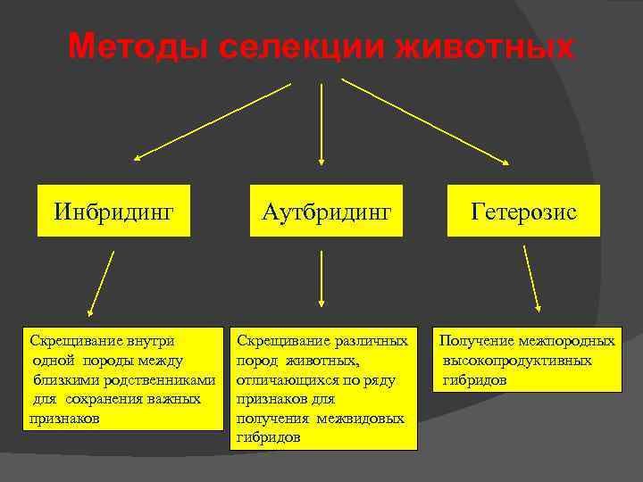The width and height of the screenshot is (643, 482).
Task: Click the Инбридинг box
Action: pos(113,212)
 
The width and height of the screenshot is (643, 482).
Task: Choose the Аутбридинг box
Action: pos(326,212)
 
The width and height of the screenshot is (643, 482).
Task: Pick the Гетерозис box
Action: pos(523,212)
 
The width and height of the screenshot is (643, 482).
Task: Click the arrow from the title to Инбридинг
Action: pos(213,121)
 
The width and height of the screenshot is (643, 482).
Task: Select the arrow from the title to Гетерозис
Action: pos(425,121)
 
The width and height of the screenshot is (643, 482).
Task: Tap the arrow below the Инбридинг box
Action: pos(102,283)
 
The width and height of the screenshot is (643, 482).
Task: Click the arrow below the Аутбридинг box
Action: pos(321,279)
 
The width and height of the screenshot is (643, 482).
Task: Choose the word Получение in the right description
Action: pos(473,341)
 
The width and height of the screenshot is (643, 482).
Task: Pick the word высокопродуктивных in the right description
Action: pos(518,361)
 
